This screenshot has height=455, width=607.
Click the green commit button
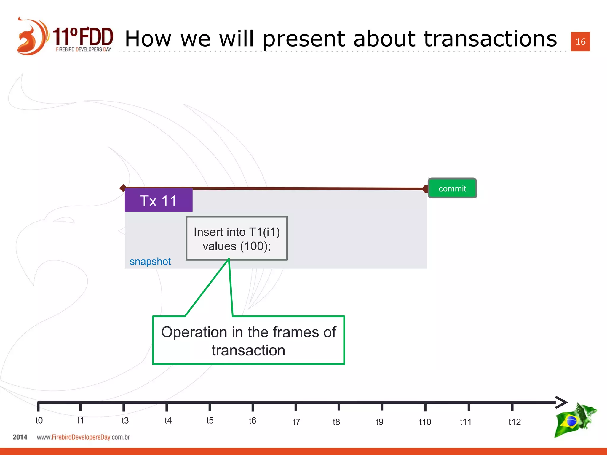tap(452, 188)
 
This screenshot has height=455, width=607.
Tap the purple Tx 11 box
tap(159, 201)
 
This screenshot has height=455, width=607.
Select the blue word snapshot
tap(150, 262)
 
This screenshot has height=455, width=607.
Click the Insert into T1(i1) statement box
tap(237, 238)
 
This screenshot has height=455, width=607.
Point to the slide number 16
tap(580, 41)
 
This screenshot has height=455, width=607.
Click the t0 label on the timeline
tap(39, 420)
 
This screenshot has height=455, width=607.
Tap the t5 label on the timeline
tap(210, 420)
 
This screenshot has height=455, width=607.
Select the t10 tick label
tap(425, 422)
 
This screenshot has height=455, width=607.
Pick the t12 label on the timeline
tap(514, 422)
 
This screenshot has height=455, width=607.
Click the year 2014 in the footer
tap(20, 437)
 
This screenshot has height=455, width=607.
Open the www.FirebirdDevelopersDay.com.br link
tap(83, 437)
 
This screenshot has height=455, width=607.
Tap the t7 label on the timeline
tap(296, 422)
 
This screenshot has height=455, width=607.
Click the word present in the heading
tap(304, 39)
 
